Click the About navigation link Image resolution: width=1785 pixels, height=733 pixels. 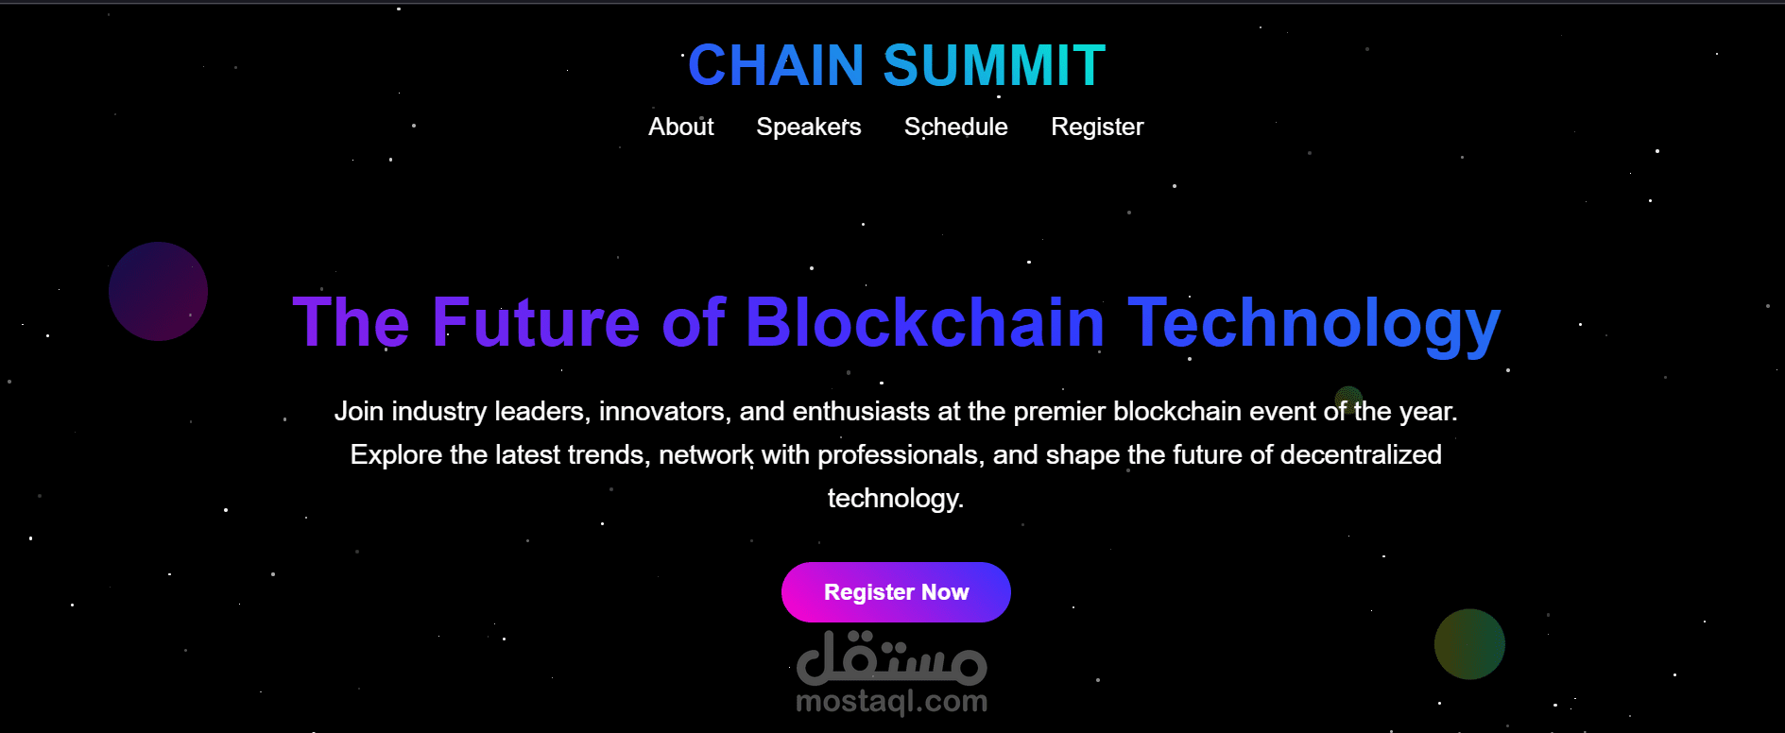[680, 127]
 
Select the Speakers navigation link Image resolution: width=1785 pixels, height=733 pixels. [808, 127]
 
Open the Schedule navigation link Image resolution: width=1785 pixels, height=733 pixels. [955, 127]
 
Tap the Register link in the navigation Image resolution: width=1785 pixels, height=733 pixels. [1096, 127]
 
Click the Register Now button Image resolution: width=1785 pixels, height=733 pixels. [896, 592]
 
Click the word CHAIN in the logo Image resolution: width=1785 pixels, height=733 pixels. [775, 65]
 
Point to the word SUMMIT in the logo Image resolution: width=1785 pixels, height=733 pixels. [994, 65]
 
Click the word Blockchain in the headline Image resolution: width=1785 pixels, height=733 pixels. [925, 323]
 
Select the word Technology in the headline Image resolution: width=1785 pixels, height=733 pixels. [1313, 323]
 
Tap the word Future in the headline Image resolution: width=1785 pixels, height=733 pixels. [536, 323]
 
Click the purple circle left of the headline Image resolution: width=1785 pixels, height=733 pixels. [158, 291]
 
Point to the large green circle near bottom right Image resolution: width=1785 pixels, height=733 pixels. [1469, 644]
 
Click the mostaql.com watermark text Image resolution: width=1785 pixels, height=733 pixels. [891, 702]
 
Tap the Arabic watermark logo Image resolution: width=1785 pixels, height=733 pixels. [891, 657]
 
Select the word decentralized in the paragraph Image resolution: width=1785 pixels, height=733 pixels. [1360, 455]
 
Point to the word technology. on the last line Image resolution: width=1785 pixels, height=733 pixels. [895, 499]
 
